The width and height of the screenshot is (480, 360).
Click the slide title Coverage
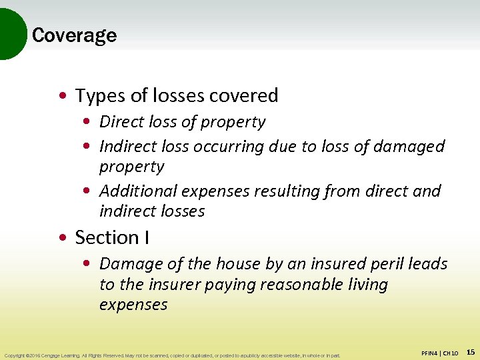click(x=74, y=35)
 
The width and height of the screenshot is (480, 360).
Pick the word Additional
click(x=138, y=191)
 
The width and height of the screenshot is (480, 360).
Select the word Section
click(x=107, y=237)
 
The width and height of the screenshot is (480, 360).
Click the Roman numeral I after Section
click(x=146, y=237)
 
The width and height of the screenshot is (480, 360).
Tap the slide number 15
click(x=471, y=351)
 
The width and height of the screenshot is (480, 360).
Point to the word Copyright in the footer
click(x=15, y=355)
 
